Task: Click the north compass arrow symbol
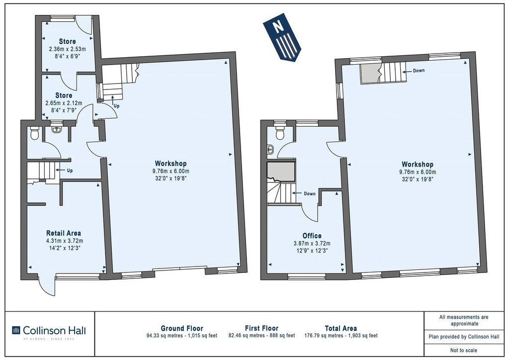coord(282,37)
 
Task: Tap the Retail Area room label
coord(64,233)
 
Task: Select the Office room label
coord(312,236)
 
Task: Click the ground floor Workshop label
coord(171,163)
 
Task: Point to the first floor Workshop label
coord(418,164)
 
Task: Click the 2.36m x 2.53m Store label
coord(68,41)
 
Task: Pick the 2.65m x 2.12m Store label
coord(64,95)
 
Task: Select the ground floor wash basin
coord(57,129)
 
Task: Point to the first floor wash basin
coord(270,150)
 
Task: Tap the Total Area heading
coord(341,328)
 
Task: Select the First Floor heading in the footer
coord(261,328)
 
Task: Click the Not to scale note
coord(464,350)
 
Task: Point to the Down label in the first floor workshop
coord(419,71)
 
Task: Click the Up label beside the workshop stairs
coord(116,106)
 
